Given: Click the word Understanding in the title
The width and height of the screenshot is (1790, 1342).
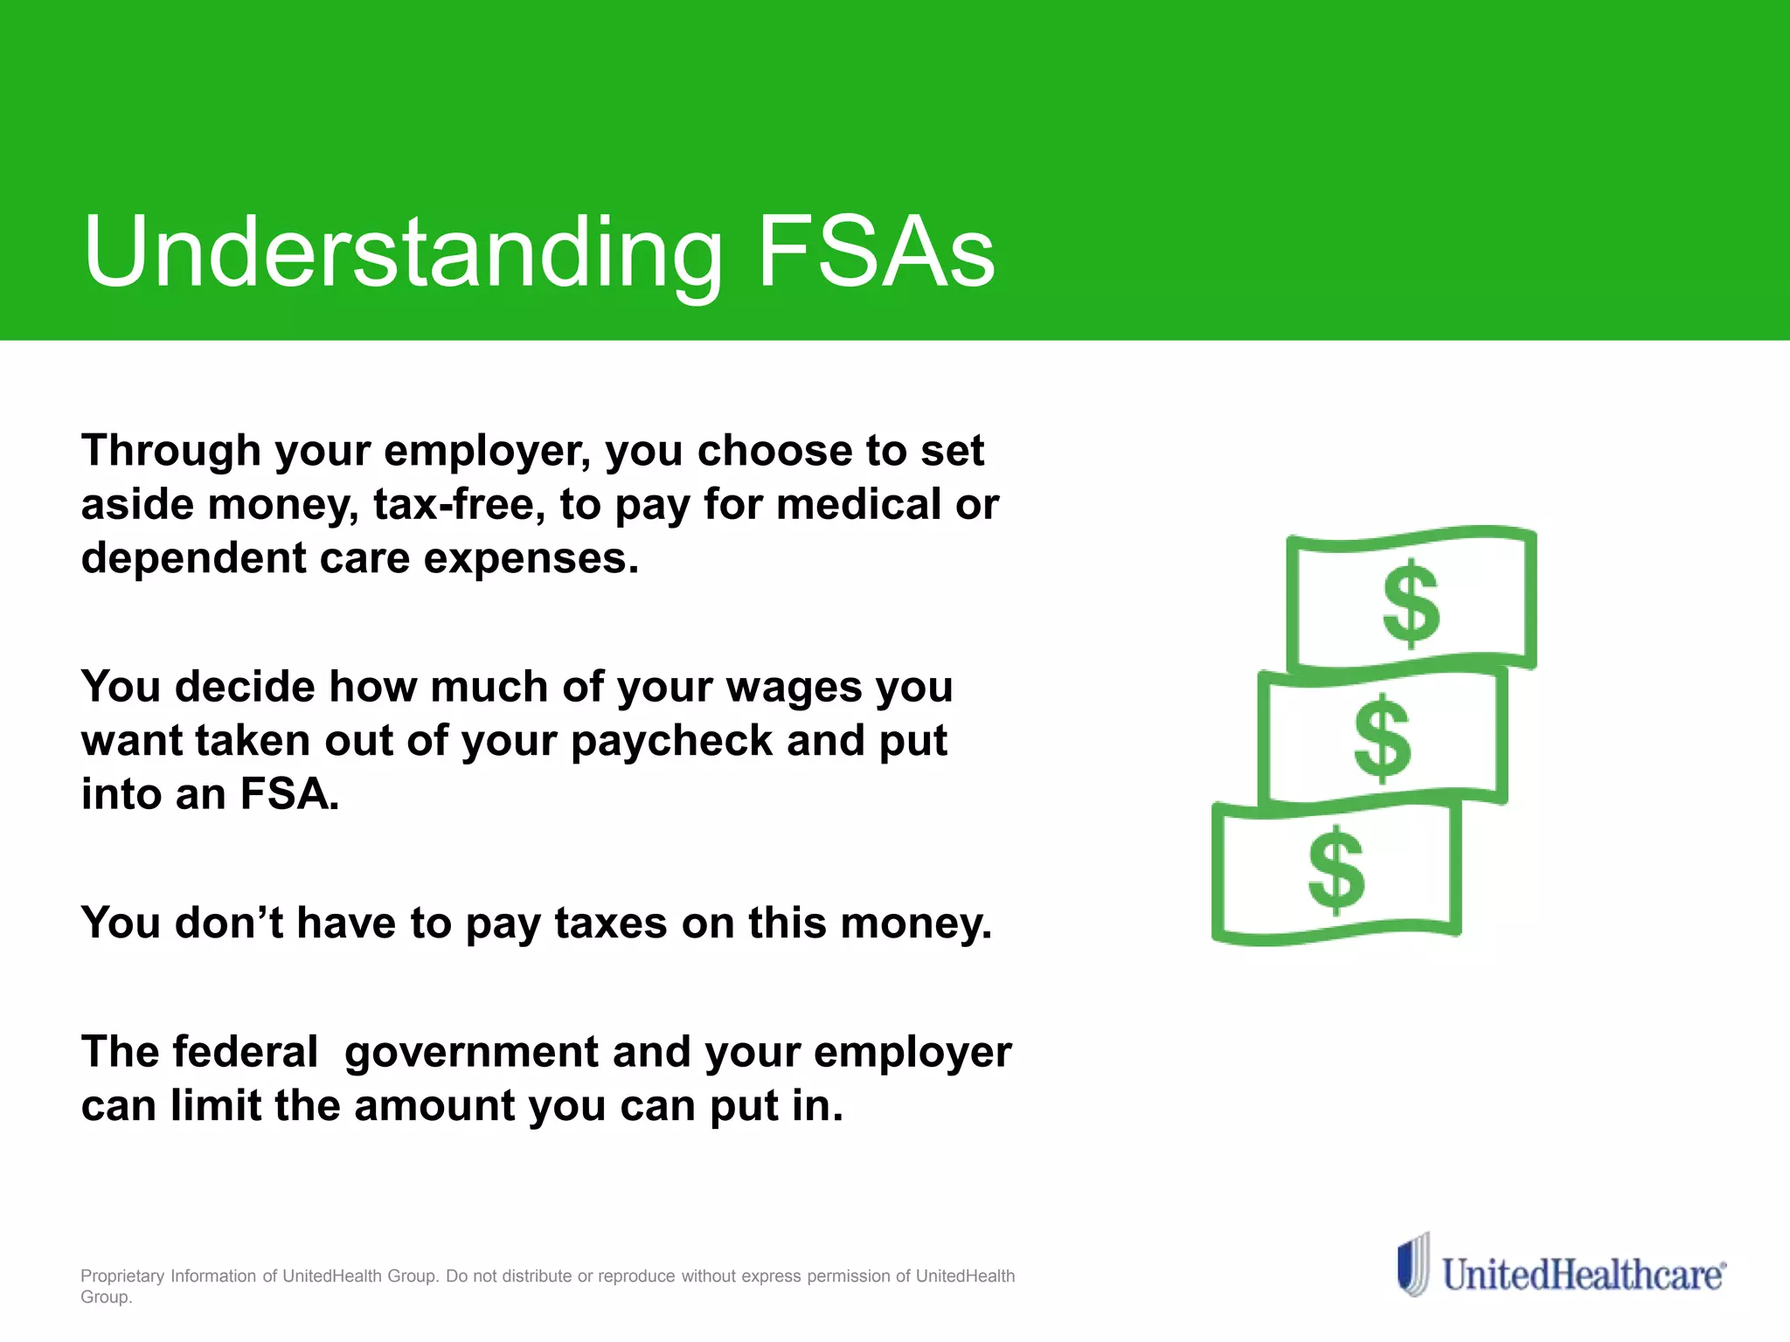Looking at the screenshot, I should click(402, 253).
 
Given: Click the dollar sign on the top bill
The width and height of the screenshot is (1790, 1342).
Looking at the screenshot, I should click(1411, 605).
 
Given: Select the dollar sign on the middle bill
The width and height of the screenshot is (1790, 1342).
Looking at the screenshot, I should click(1382, 738).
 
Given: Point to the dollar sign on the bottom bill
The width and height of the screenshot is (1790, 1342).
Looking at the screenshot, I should click(1336, 870).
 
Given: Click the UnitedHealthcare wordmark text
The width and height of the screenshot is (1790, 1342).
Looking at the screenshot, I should click(1583, 1275).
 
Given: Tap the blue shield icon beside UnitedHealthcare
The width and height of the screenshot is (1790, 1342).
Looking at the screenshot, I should click(1412, 1264).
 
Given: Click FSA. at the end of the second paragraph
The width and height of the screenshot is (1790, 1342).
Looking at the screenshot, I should click(289, 795).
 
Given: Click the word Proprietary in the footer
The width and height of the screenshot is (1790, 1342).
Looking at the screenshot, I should click(122, 1276).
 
